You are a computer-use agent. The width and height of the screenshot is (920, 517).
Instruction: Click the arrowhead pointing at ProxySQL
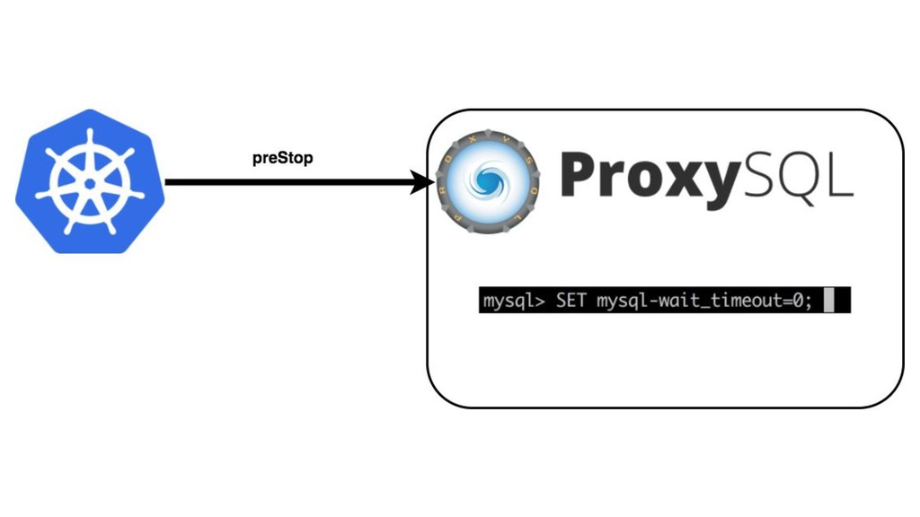pos(423,183)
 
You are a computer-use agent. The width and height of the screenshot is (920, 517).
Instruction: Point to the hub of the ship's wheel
pos(90,183)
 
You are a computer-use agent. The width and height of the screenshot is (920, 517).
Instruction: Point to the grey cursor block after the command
pos(828,302)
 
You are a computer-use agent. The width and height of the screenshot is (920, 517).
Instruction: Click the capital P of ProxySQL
pos(579,175)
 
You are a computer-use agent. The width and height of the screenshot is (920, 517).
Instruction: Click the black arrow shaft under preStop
pos(287,183)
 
